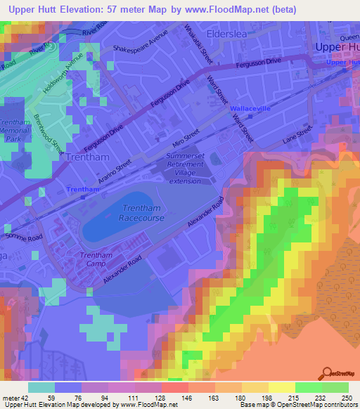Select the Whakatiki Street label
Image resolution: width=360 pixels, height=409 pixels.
pos(198,44)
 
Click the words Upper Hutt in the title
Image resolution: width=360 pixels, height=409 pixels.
pos(34,9)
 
